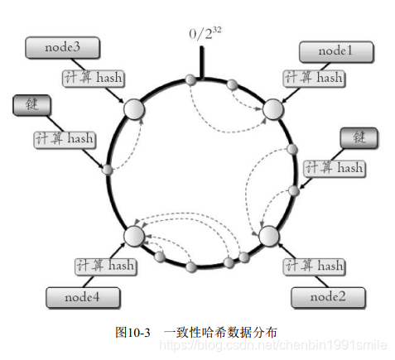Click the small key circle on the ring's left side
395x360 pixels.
[107, 170]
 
